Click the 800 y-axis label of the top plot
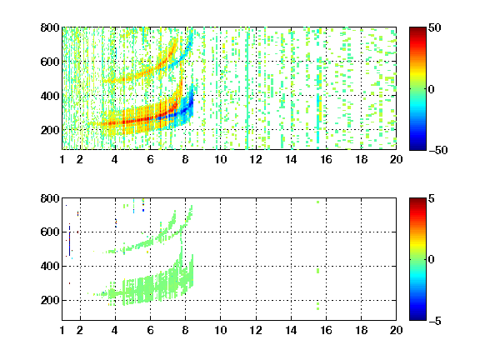pyautogui.click(x=50, y=27)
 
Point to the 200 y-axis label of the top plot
pyautogui.click(x=50, y=130)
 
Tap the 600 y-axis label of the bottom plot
pyautogui.click(x=50, y=232)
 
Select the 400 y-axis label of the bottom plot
pyautogui.click(x=50, y=266)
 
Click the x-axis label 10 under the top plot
pyautogui.click(x=220, y=159)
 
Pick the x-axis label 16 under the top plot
pyautogui.click(x=327, y=159)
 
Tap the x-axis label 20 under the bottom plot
pyautogui.click(x=396, y=330)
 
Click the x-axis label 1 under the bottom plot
pyautogui.click(x=62, y=330)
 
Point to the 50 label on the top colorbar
pyautogui.click(x=434, y=27)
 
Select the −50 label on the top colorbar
pyautogui.click(x=437, y=150)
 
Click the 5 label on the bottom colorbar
pyautogui.click(x=432, y=198)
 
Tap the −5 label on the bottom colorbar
pyautogui.click(x=435, y=321)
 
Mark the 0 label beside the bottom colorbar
pyautogui.click(x=431, y=260)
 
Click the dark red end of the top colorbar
pyautogui.click(x=417, y=30)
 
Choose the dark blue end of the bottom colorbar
pyautogui.click(x=417, y=317)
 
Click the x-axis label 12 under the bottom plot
pyautogui.click(x=256, y=330)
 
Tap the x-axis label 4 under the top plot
pyautogui.click(x=115, y=159)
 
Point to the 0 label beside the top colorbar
pyautogui.click(x=431, y=89)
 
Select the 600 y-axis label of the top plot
pyautogui.click(x=50, y=62)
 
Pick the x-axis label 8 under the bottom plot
pyautogui.click(x=185, y=330)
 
